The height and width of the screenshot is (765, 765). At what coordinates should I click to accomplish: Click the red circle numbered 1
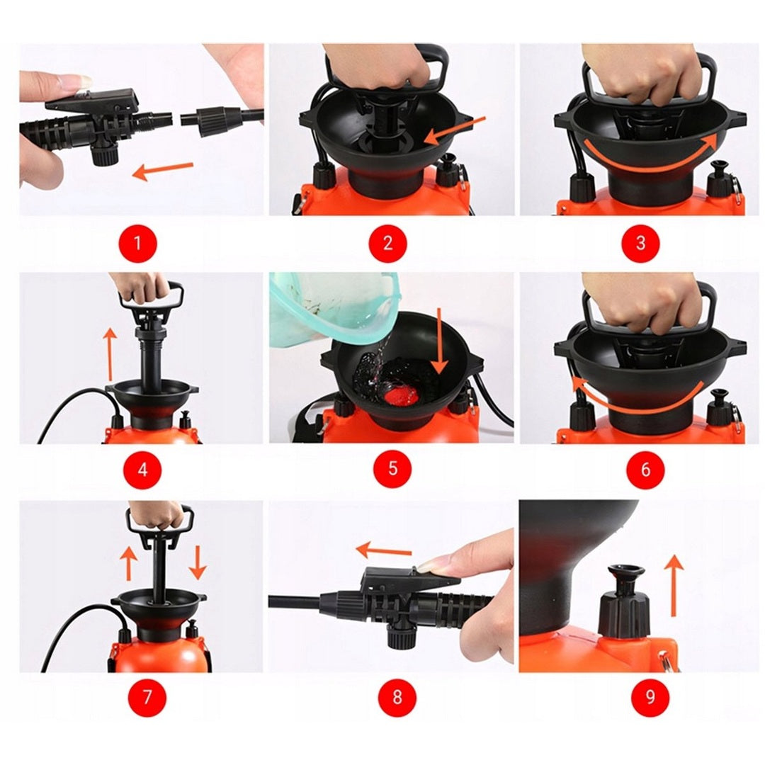point(138,242)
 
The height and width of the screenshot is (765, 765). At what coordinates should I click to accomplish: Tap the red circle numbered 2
point(388,242)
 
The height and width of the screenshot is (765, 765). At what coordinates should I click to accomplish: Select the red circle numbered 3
point(640,242)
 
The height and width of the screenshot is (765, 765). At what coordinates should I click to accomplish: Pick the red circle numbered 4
point(142,470)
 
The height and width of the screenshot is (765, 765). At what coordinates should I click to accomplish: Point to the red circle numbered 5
point(392,469)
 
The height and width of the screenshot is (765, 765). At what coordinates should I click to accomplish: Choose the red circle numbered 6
point(645,470)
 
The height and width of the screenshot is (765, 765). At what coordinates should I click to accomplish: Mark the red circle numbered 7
point(147,697)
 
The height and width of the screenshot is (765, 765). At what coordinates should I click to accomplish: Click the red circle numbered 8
point(397,697)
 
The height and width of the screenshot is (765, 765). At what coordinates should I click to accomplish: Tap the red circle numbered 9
point(650,697)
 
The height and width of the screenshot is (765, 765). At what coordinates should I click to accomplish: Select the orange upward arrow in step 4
point(110,354)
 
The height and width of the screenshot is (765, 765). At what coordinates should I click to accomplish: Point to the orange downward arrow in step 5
point(441,341)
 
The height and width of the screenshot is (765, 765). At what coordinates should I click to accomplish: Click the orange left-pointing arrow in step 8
point(383,551)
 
